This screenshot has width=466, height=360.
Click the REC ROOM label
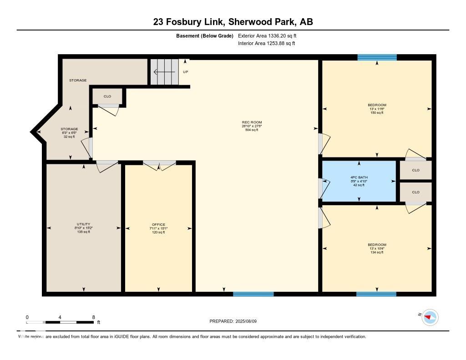point(252,126)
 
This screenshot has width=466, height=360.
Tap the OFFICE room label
point(158,228)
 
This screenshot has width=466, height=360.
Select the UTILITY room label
point(83,228)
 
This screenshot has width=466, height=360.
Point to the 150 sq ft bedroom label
point(377,109)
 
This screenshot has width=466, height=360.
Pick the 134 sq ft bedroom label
point(377,248)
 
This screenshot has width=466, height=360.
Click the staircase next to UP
point(164,71)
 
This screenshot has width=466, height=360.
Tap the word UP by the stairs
point(185,72)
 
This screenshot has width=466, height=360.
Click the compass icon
point(430,317)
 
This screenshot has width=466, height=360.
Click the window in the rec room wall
point(253,294)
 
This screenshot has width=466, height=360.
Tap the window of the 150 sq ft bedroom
point(377,57)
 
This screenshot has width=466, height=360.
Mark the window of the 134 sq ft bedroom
point(376,294)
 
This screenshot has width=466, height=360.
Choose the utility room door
point(106,165)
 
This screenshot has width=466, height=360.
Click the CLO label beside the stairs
point(107,96)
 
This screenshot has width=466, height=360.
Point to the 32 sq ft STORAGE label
point(70,132)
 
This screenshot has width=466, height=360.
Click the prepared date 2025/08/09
point(236,321)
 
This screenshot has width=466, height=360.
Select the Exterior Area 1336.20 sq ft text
point(268,35)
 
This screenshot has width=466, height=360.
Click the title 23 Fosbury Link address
point(233,22)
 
